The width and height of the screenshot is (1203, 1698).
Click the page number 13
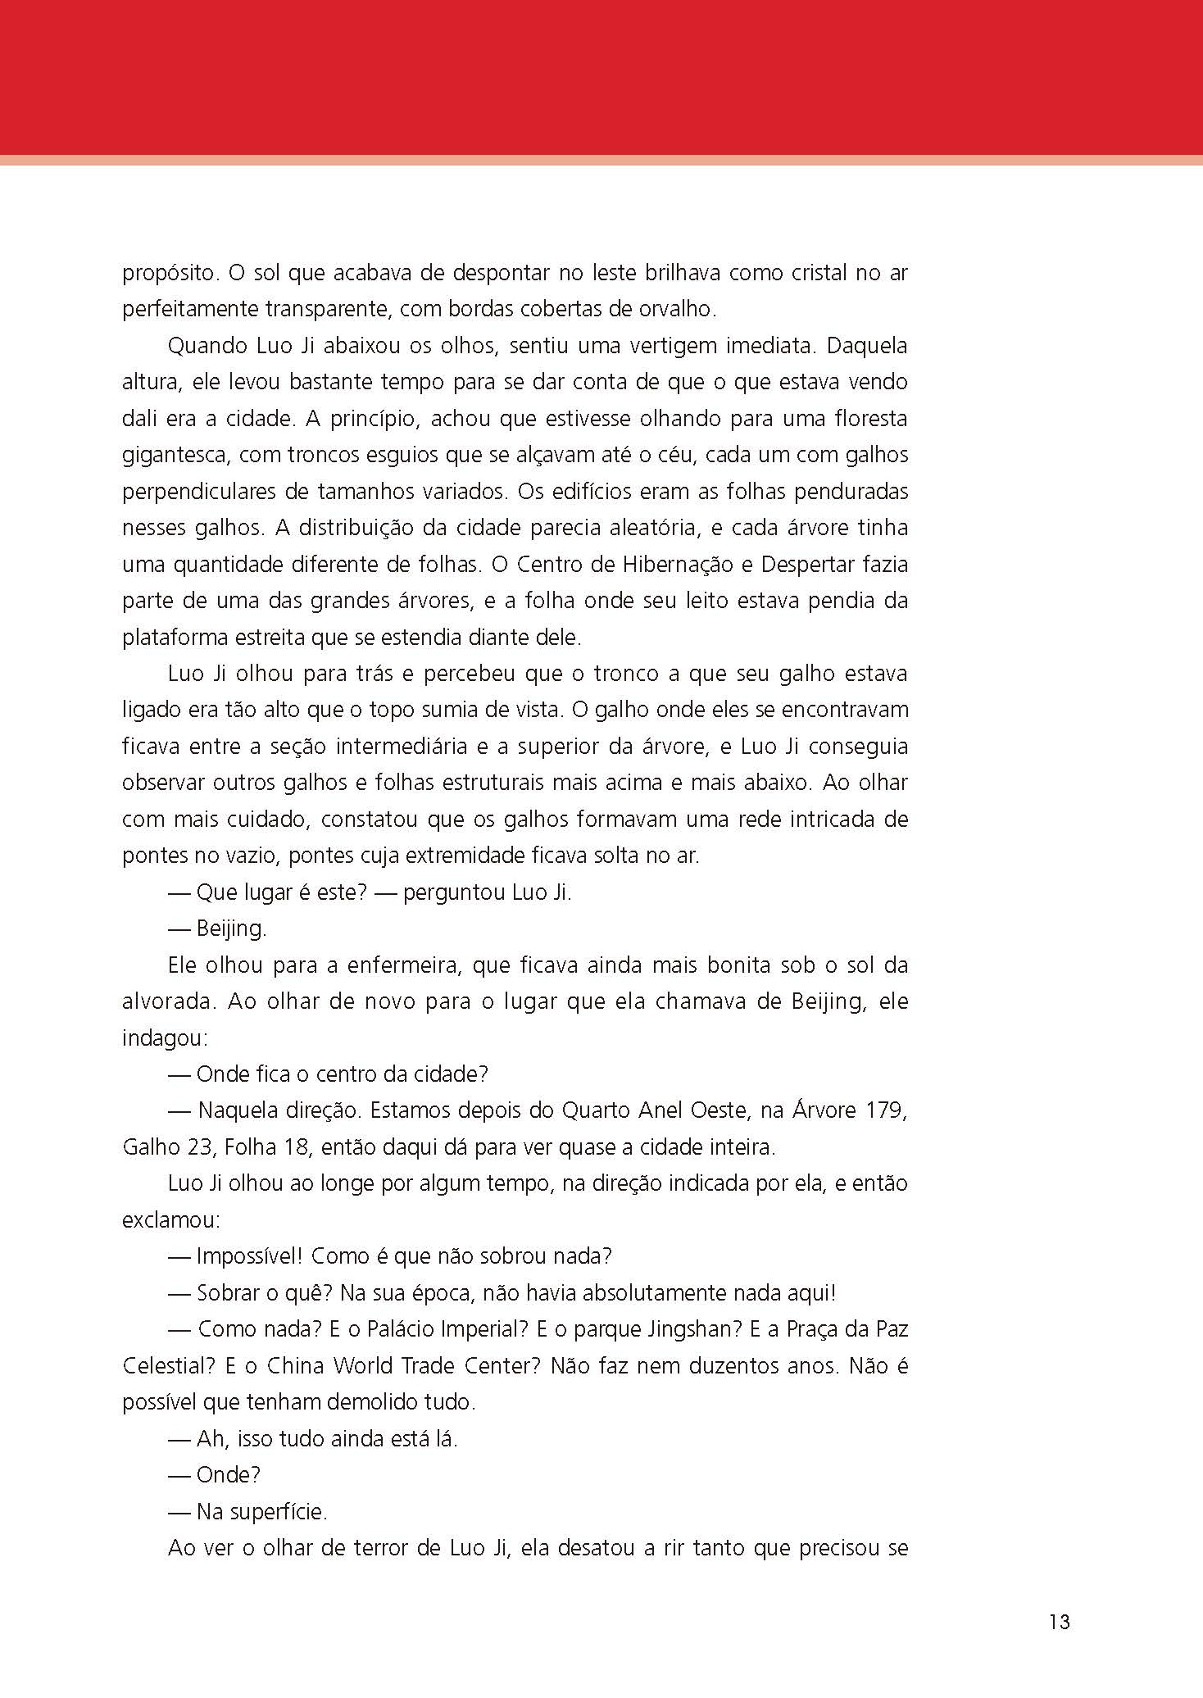[1059, 1622]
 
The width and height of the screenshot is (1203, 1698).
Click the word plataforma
[171, 638]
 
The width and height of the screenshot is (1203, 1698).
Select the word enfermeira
[402, 965]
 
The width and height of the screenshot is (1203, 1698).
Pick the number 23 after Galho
[199, 1147]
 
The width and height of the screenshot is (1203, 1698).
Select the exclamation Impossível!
[249, 1256]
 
